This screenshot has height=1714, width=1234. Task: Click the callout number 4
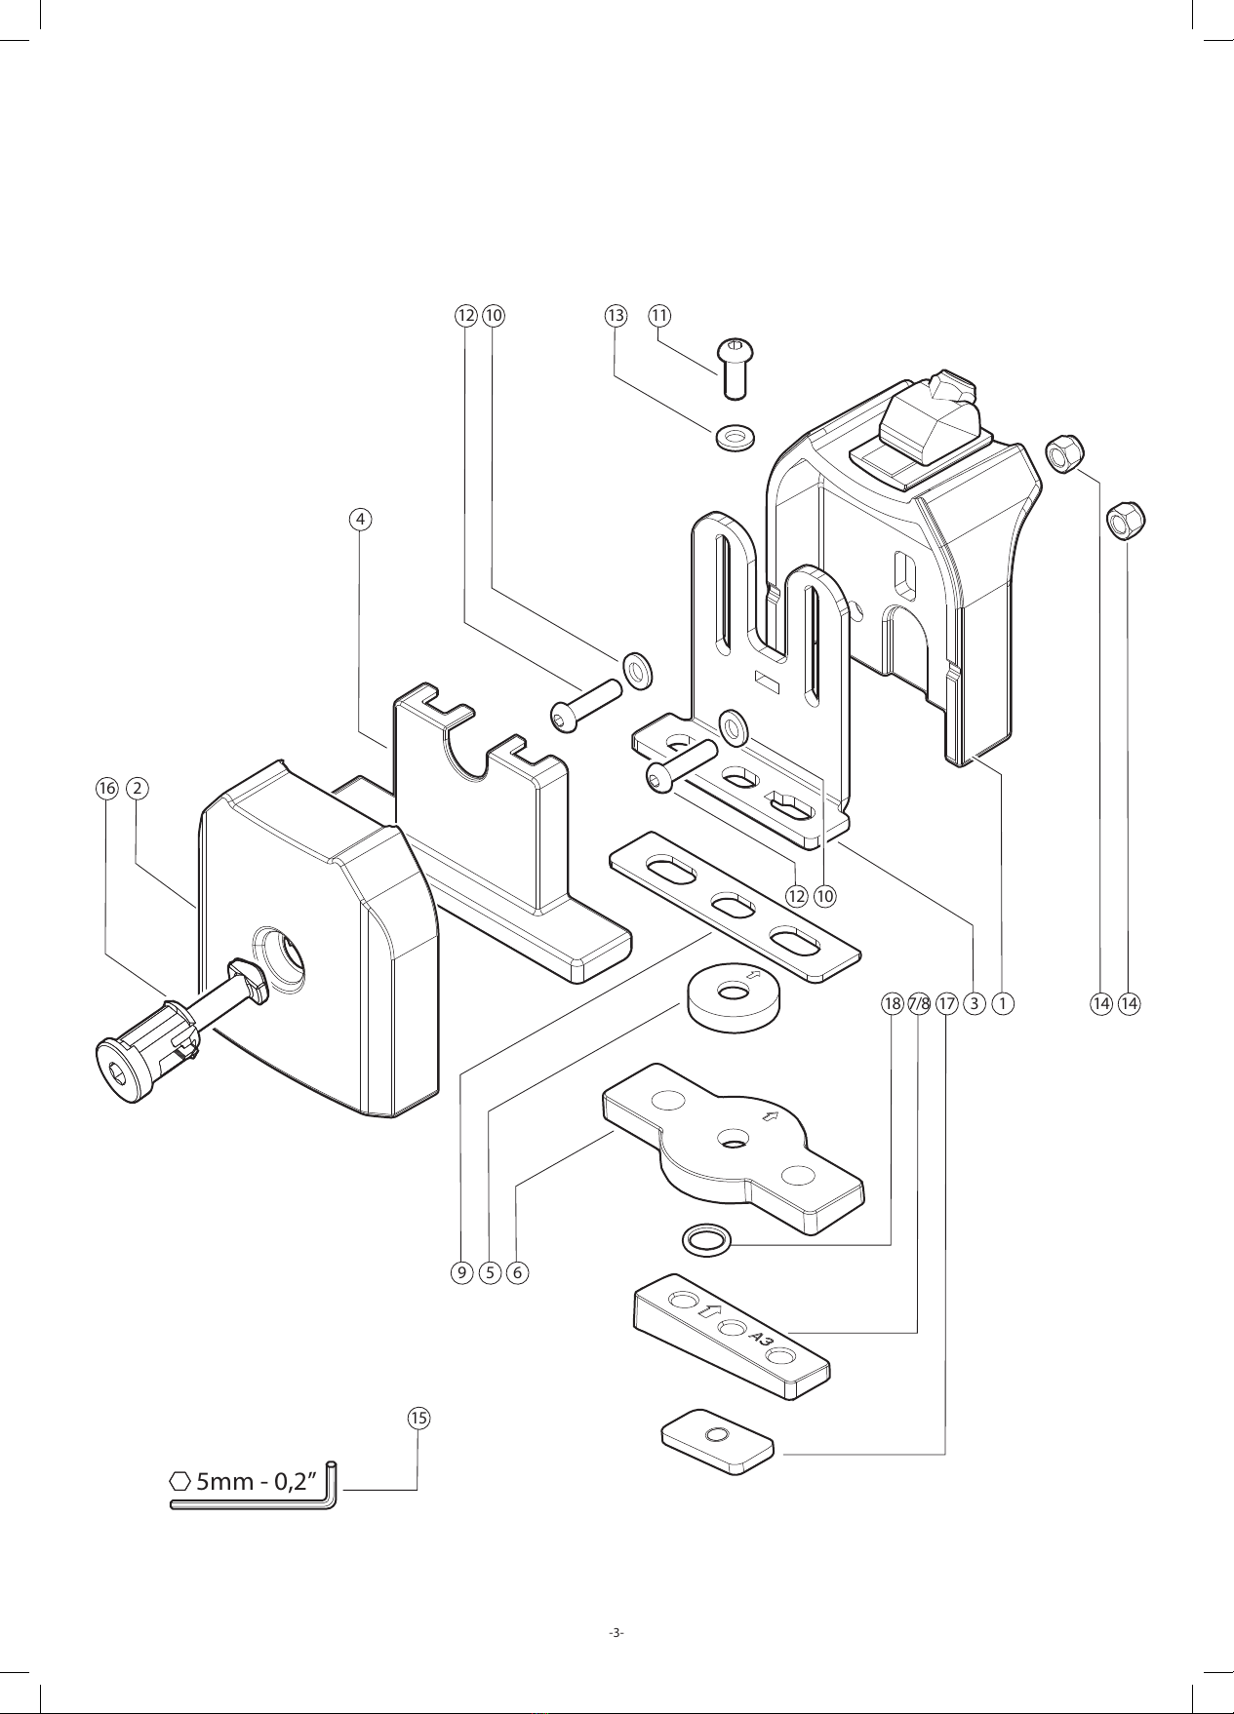tap(361, 519)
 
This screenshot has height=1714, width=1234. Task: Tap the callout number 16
tap(106, 788)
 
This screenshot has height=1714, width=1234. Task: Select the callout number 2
tap(139, 788)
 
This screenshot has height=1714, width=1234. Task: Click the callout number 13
tap(615, 315)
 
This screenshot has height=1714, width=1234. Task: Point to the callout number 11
tap(660, 315)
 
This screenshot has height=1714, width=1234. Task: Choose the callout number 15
tap(418, 1418)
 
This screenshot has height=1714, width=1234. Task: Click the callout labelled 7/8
tap(919, 1002)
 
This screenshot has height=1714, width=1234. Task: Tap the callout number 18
tap(893, 1002)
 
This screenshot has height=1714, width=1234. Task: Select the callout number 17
tap(946, 1002)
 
